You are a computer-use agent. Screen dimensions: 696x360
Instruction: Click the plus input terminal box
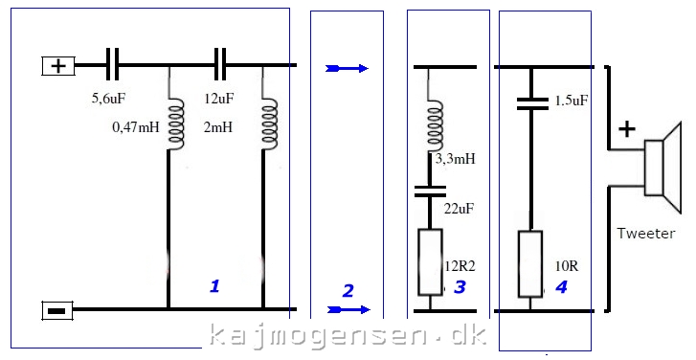58,66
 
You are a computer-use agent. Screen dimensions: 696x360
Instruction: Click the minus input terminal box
57,310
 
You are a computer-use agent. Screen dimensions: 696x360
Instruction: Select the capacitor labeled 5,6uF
112,65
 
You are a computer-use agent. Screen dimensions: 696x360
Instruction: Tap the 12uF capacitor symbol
220,65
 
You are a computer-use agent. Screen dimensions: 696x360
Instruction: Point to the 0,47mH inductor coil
175,124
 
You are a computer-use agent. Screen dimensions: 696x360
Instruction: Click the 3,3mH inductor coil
435,127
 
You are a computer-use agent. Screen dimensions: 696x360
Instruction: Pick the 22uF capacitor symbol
430,191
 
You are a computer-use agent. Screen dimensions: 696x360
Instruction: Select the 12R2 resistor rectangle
430,262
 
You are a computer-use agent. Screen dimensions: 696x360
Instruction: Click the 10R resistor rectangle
530,263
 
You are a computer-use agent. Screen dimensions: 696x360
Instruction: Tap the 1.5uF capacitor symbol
532,103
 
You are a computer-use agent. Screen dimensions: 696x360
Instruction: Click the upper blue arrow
347,68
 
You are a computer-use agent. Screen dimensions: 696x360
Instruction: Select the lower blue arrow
348,309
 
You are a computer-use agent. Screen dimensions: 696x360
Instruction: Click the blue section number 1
214,286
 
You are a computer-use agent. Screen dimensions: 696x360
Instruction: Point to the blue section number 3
460,287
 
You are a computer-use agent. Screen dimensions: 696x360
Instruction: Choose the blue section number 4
561,287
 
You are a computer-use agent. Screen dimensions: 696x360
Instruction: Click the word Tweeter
646,233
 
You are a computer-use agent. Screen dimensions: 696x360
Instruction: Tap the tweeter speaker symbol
662,168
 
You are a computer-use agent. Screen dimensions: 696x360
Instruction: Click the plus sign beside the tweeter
626,129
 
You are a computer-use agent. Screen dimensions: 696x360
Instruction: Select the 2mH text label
218,128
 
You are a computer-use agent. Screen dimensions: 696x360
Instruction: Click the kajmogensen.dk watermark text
348,336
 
